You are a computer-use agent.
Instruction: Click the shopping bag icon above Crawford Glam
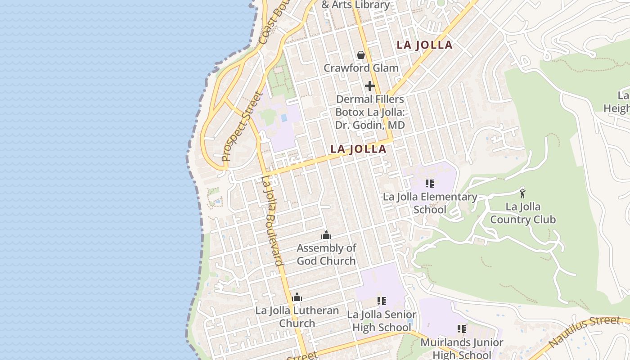coord(361,55)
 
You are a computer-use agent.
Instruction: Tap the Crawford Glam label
coord(361,68)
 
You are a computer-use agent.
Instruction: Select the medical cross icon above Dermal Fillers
coord(370,86)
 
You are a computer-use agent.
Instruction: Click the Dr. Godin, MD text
coord(370,125)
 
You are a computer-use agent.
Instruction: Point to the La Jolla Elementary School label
coord(430,203)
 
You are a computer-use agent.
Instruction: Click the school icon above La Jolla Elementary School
coord(430,184)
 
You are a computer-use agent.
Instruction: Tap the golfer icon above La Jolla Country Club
coord(522,193)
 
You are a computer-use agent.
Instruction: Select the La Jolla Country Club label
coord(523,213)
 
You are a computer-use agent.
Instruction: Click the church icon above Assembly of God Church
coord(326,235)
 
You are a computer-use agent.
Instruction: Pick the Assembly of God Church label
coord(326,254)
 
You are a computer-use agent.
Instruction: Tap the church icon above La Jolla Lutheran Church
coord(297,297)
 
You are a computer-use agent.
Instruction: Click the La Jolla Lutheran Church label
coord(297,317)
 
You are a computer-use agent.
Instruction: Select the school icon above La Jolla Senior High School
coord(382,301)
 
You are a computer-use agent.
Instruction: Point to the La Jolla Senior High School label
coord(382,321)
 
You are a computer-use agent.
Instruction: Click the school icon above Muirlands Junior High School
coord(462,329)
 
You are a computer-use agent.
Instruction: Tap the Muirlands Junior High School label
coord(462,348)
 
